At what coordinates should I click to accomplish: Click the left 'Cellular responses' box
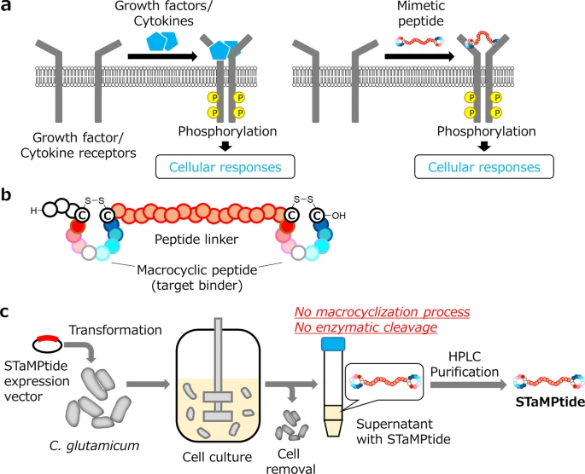(225, 165)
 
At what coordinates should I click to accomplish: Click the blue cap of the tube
(331, 344)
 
